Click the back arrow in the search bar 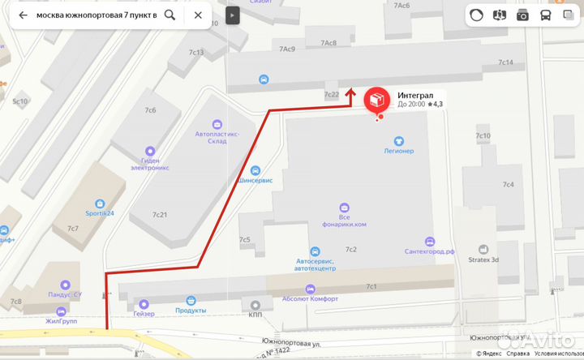pos(23,15)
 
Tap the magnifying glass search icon pos(170,15)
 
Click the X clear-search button pos(198,15)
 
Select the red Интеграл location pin pos(376,100)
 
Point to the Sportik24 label pos(100,213)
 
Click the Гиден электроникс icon pos(149,151)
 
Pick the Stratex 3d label pos(484,259)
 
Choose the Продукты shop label pos(191,311)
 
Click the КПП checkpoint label pos(255,315)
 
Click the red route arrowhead pos(350,95)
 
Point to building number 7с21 pos(160,214)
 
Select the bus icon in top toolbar pos(546,15)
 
